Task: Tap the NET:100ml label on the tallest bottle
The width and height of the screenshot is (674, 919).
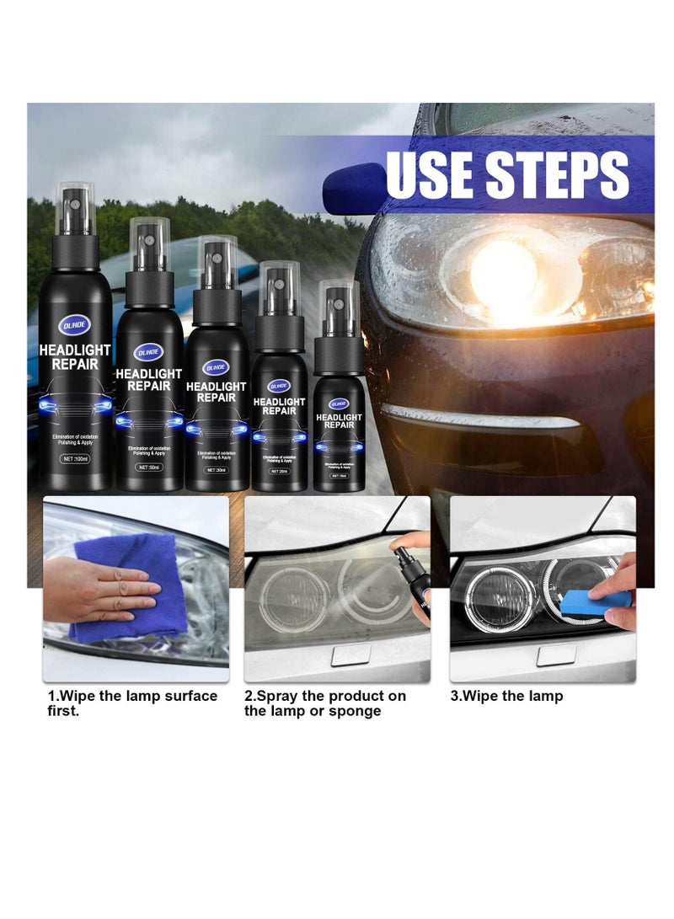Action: (78, 460)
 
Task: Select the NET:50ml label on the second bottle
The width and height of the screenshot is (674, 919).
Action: (149, 467)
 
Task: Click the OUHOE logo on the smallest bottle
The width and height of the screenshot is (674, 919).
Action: (339, 403)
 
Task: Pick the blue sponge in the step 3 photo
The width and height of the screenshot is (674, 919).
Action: (594, 601)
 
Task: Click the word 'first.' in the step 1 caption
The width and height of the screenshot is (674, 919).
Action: (67, 711)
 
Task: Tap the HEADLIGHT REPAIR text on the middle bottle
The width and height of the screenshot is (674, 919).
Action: (216, 392)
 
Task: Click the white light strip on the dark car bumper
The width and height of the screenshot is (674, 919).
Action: (480, 418)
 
